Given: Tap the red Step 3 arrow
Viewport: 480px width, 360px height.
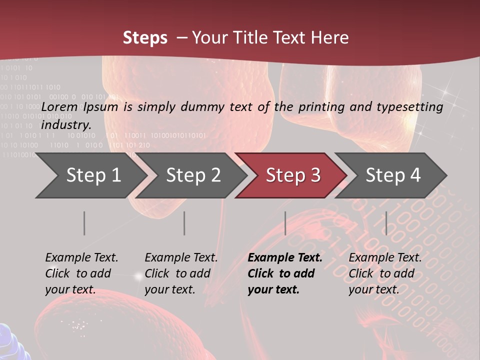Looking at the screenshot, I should (x=293, y=175).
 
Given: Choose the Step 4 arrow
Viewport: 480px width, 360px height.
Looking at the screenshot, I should (x=393, y=175).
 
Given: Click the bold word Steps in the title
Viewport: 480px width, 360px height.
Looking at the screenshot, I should (x=145, y=38).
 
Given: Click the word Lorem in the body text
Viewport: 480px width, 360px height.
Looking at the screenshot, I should (x=59, y=106).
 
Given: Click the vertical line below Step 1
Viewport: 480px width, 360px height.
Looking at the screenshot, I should (x=84, y=223).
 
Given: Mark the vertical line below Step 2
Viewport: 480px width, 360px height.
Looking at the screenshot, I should (x=184, y=223).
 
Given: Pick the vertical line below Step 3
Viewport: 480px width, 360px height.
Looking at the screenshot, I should (x=285, y=223).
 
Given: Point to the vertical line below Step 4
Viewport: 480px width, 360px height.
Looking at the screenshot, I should (x=386, y=223).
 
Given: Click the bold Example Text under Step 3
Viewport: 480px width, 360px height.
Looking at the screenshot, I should (x=285, y=258).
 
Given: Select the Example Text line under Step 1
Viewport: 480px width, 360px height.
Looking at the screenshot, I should (x=81, y=258).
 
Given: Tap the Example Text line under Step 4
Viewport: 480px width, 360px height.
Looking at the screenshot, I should (x=385, y=258).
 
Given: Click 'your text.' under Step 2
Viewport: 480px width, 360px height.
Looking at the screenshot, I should (x=170, y=290).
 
